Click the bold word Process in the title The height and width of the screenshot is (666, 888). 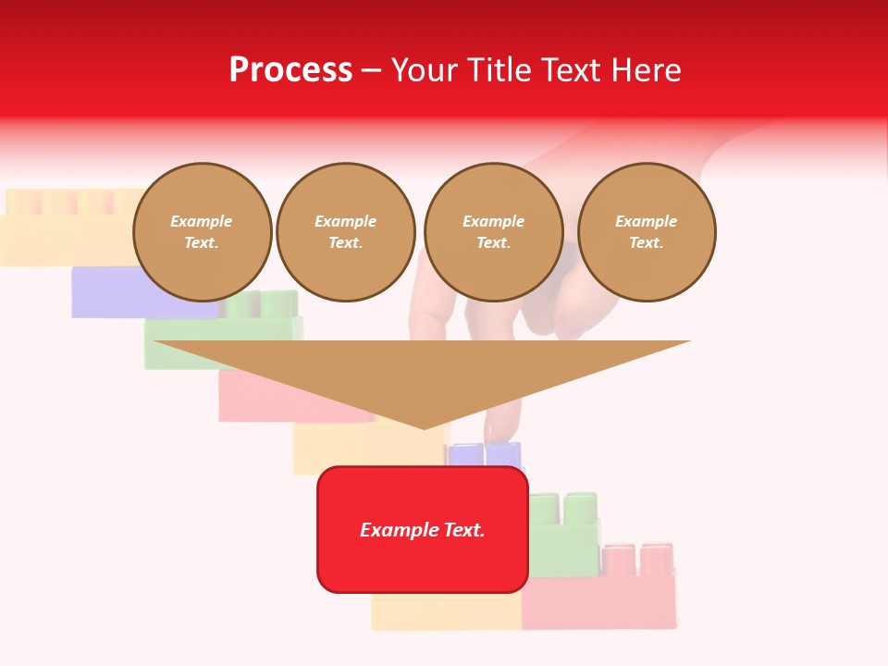point(290,70)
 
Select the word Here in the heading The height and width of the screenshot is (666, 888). point(646,70)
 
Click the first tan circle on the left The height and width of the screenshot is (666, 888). point(203,232)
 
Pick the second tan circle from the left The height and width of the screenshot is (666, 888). point(346,232)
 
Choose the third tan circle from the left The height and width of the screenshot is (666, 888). point(493,232)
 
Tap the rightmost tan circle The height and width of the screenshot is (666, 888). point(647,232)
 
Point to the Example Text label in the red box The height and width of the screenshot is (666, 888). point(423,530)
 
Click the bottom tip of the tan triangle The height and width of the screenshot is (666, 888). point(424,427)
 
